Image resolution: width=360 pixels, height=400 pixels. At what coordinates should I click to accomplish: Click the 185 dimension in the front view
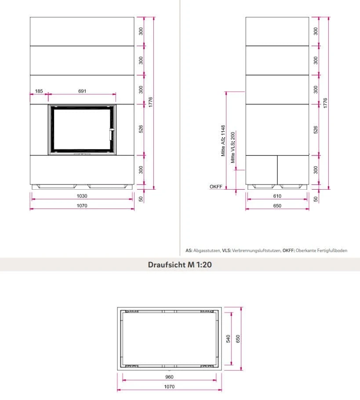pyautogui.click(x=39, y=91)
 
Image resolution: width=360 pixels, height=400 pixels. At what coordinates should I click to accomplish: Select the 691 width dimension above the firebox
pyautogui.click(x=82, y=91)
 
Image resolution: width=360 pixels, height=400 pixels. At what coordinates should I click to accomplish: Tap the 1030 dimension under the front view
pyautogui.click(x=82, y=196)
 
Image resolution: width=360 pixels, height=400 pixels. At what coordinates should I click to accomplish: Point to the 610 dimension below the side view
pyautogui.click(x=277, y=196)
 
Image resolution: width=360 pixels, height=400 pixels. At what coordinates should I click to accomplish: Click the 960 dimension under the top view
pyautogui.click(x=169, y=377)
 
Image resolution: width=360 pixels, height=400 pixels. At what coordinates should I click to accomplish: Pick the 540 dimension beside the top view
pyautogui.click(x=229, y=339)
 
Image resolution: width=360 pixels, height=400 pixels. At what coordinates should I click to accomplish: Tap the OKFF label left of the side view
pyautogui.click(x=215, y=187)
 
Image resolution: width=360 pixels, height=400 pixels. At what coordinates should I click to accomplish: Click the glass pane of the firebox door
pyautogui.click(x=81, y=129)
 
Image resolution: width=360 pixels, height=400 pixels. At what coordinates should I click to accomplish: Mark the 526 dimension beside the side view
pyautogui.click(x=316, y=130)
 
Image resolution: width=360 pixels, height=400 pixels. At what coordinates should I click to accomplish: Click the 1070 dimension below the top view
pyautogui.click(x=169, y=386)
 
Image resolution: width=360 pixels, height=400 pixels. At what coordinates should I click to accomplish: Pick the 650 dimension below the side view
pyautogui.click(x=277, y=205)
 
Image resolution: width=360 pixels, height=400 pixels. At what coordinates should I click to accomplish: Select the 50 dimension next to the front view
pyautogui.click(x=141, y=199)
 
